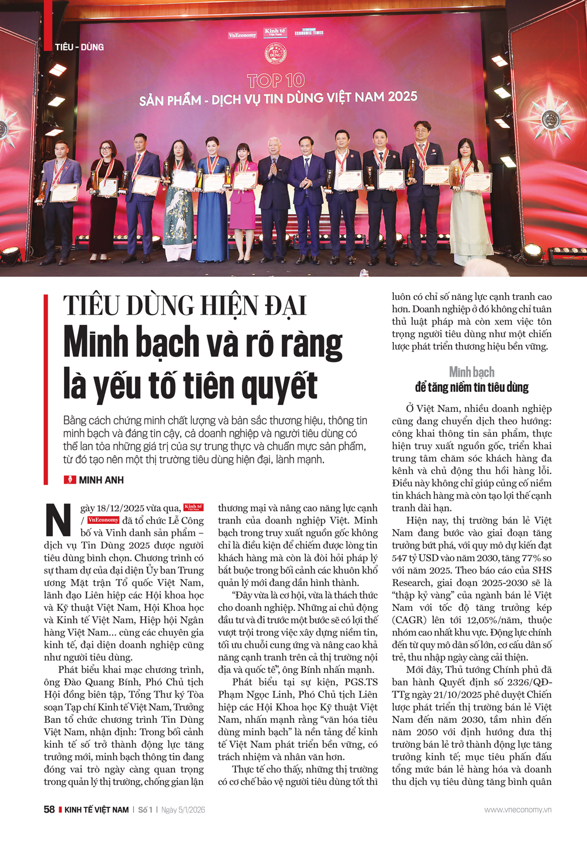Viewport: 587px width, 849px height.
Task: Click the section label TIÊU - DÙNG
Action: pos(79,47)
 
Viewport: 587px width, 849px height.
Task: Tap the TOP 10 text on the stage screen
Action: pos(276,80)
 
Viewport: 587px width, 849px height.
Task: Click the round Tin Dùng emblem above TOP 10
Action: pos(275,55)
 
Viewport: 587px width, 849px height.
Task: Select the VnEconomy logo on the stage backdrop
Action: pos(242,35)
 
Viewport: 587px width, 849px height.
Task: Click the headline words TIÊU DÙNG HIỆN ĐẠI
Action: pos(185,306)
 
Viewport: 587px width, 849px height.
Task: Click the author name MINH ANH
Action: pos(102,480)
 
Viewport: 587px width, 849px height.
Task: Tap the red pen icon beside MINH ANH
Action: pos(70,480)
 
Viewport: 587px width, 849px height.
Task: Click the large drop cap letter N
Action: pos(59,520)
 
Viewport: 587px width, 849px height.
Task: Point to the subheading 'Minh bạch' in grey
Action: pos(471,372)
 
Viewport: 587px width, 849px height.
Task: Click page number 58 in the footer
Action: pos(49,810)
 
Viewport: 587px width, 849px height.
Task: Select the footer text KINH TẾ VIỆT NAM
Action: pos(96,810)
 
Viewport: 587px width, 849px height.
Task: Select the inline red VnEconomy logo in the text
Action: pos(103,520)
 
